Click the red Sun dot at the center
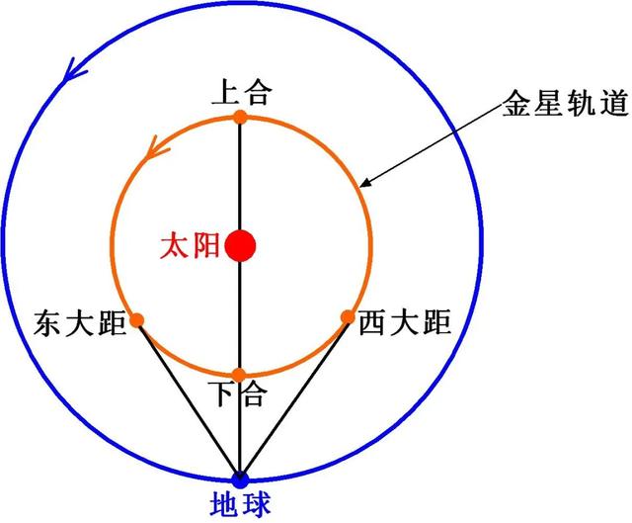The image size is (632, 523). point(240,245)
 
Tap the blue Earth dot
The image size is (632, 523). point(240,479)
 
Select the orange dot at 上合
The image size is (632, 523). point(240,117)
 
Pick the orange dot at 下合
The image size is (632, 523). point(239,375)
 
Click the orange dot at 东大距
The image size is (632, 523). point(137,320)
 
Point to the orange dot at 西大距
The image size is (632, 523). point(348,317)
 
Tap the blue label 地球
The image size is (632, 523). point(240,503)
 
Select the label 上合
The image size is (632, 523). point(242,92)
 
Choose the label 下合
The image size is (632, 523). point(238,393)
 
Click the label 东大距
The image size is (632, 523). point(80,323)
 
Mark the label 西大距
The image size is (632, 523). point(405,322)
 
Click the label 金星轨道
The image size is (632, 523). point(566,103)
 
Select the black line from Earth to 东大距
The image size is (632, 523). point(189,400)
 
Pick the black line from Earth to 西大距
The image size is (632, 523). point(294,398)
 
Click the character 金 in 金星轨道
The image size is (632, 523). point(517,103)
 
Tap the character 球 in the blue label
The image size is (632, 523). point(256,503)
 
